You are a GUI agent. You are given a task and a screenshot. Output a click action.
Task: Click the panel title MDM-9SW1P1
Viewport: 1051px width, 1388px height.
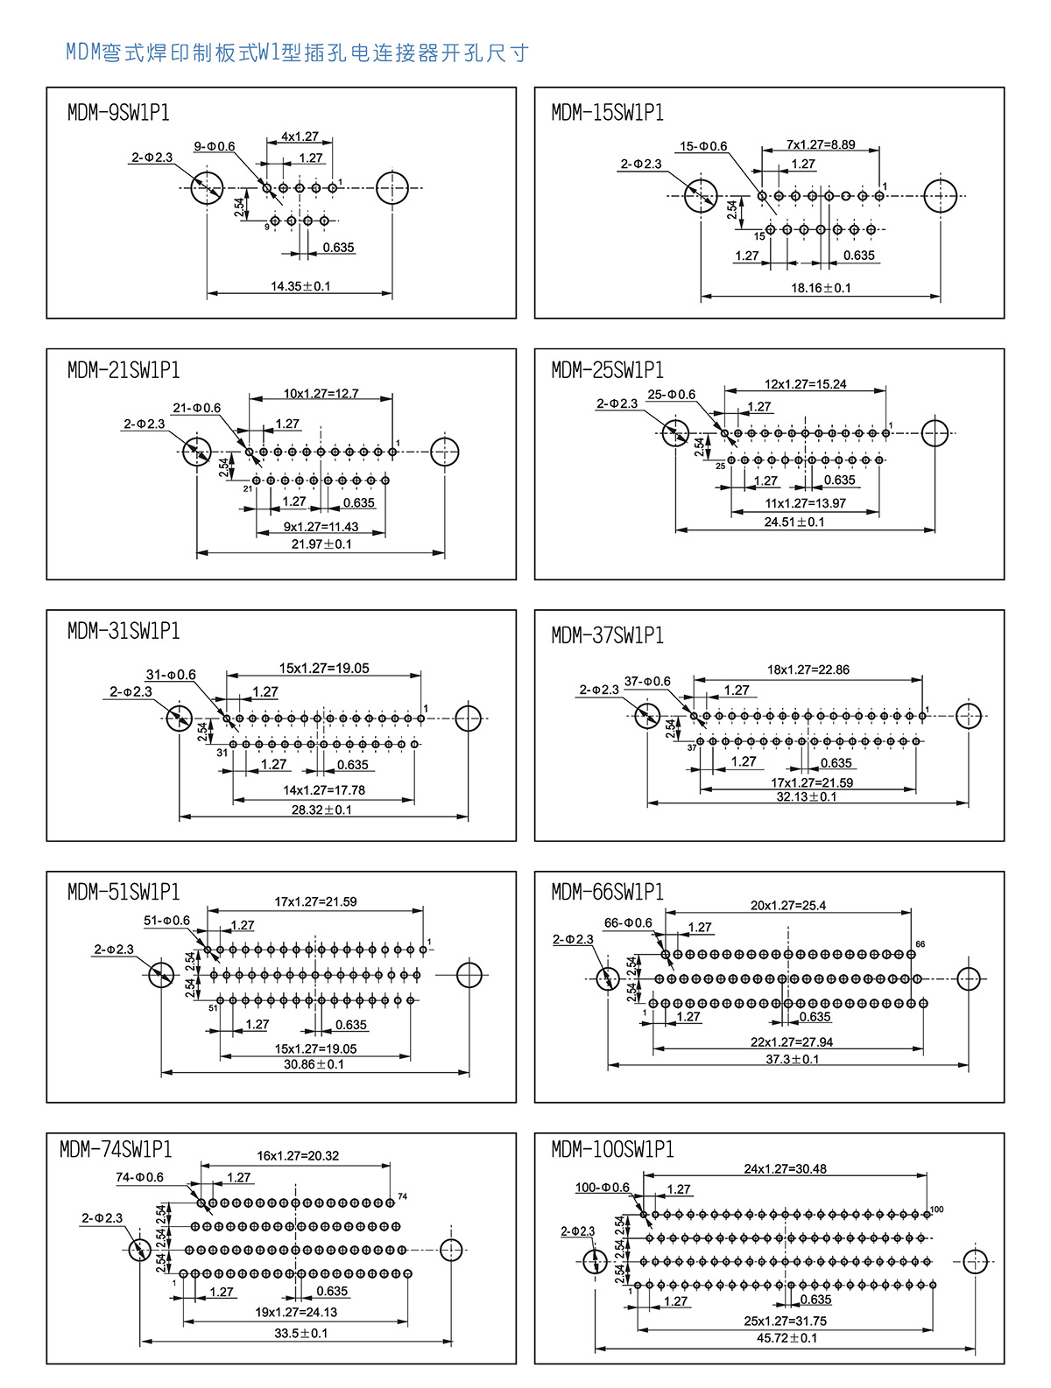pyautogui.click(x=118, y=113)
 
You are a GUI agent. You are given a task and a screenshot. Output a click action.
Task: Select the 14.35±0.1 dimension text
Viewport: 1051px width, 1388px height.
pyautogui.click(x=300, y=286)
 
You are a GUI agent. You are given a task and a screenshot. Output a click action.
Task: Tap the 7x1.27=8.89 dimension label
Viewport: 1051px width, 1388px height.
pyautogui.click(x=821, y=144)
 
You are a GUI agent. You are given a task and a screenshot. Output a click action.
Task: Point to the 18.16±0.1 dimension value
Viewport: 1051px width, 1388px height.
pyautogui.click(x=821, y=288)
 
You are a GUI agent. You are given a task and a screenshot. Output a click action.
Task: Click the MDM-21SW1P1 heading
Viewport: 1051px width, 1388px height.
pyautogui.click(x=123, y=370)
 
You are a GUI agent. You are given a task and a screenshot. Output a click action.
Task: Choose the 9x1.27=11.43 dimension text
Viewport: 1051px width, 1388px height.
pyautogui.click(x=321, y=527)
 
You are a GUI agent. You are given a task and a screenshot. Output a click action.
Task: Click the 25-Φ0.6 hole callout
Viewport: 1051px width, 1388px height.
pyautogui.click(x=671, y=395)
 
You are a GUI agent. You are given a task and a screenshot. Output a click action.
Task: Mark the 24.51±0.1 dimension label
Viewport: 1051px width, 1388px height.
pyautogui.click(x=794, y=522)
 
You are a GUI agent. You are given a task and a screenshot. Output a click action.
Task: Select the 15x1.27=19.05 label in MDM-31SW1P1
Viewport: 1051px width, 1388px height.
pyautogui.click(x=324, y=669)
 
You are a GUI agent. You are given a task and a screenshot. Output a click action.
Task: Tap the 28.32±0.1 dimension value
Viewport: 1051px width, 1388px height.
pyautogui.click(x=321, y=810)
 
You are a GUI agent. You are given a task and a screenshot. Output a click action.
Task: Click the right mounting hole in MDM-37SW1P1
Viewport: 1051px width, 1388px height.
pyautogui.click(x=968, y=716)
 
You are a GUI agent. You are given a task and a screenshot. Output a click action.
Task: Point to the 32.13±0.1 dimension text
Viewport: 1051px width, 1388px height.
pyautogui.click(x=807, y=797)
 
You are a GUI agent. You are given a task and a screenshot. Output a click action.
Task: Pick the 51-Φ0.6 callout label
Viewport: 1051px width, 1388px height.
pyautogui.click(x=166, y=921)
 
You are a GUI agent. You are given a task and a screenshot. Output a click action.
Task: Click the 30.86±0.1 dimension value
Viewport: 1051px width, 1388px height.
pyautogui.click(x=314, y=1065)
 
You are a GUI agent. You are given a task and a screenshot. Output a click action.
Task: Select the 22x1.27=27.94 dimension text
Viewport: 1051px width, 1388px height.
pyautogui.click(x=791, y=1042)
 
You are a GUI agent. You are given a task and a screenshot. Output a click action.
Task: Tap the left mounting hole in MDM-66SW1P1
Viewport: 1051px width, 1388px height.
pyautogui.click(x=608, y=978)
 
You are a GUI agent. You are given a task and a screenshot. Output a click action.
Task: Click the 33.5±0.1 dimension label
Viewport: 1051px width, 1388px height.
pyautogui.click(x=300, y=1334)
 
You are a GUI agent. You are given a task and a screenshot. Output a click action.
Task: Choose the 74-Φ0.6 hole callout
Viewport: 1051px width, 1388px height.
pyautogui.click(x=139, y=1178)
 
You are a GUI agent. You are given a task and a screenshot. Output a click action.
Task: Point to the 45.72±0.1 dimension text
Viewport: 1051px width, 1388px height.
pyautogui.click(x=786, y=1338)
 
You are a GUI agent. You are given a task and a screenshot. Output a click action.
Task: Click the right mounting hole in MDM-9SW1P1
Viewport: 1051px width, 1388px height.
pyautogui.click(x=392, y=187)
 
